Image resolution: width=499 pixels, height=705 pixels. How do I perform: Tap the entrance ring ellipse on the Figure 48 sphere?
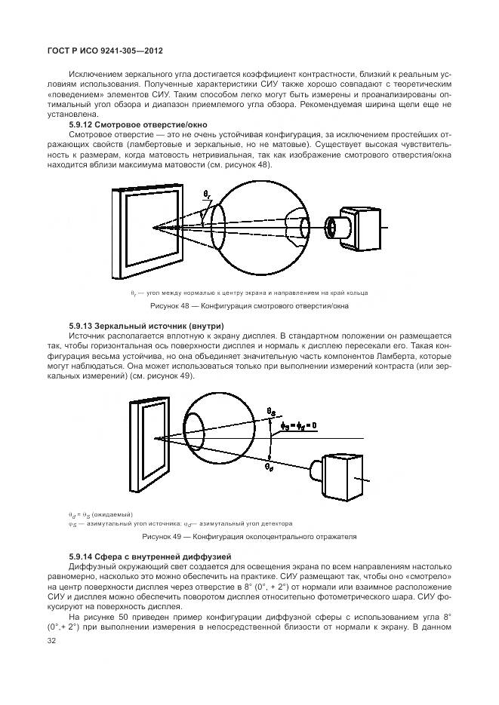219,224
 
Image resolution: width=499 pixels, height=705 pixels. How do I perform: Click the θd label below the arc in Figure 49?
270,467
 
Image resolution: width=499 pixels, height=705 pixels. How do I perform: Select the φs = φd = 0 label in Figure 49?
297,426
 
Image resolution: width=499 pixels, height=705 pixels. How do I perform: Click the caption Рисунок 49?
249,537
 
